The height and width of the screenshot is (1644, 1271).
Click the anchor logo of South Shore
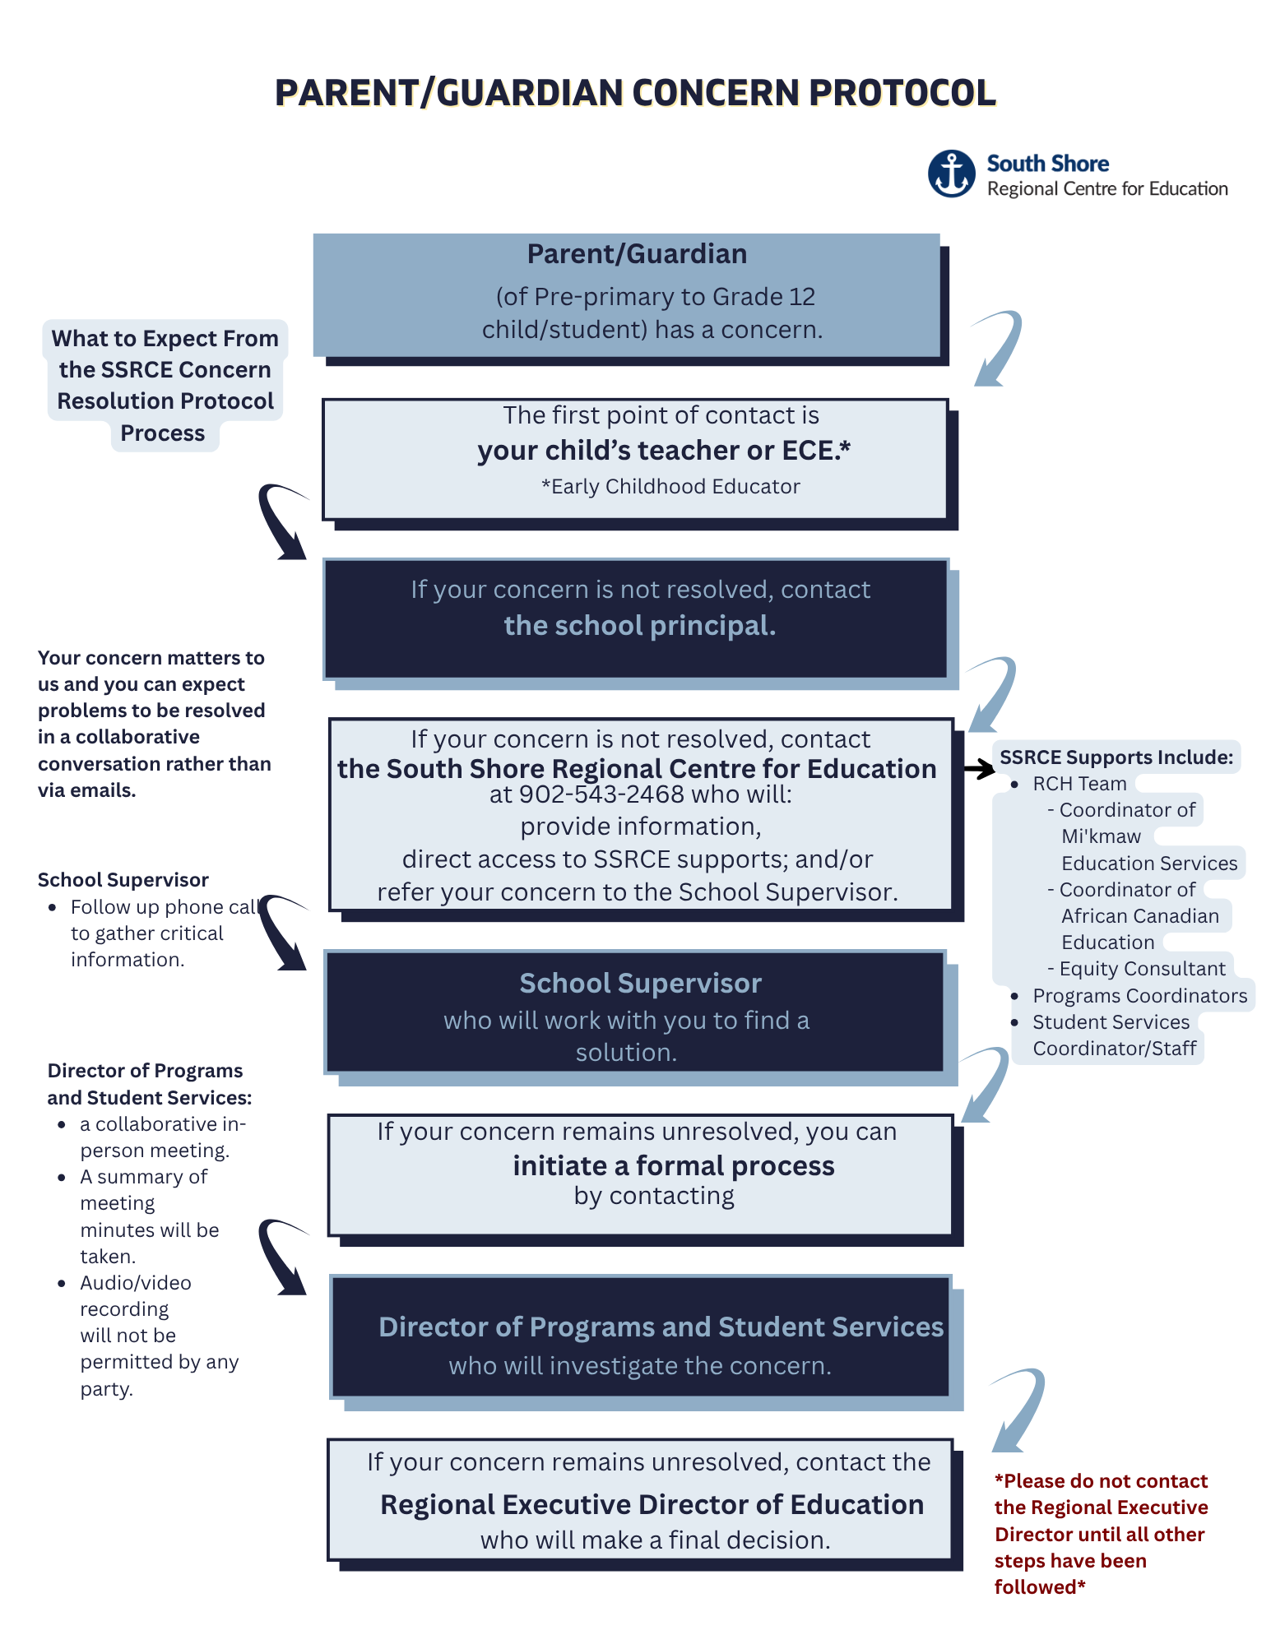(x=952, y=174)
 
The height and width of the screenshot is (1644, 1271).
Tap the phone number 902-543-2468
(x=601, y=794)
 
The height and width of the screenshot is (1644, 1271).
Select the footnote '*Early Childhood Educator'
(x=670, y=487)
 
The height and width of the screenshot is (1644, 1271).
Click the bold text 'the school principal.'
(x=640, y=626)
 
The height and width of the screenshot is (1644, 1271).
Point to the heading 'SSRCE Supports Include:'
(x=1116, y=757)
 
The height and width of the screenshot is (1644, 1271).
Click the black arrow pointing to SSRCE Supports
(x=979, y=770)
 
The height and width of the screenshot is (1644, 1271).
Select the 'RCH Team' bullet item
(x=1079, y=784)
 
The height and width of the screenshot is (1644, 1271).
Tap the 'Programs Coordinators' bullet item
(x=1139, y=996)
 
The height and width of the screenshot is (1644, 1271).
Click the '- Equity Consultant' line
(x=1136, y=969)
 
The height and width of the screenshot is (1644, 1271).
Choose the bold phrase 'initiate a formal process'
(x=674, y=1166)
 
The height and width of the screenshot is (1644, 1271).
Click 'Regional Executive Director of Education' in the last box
(x=652, y=1505)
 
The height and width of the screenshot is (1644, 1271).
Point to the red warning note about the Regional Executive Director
(x=1101, y=1534)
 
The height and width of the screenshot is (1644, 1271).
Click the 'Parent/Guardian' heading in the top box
(x=637, y=254)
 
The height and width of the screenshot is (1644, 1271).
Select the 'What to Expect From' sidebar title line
(x=165, y=339)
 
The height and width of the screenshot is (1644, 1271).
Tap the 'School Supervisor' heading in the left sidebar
(x=123, y=880)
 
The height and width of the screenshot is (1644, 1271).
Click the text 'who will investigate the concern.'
(x=640, y=1366)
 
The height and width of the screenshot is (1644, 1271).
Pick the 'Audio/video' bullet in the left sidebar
(x=136, y=1283)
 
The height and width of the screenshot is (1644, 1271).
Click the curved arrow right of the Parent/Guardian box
(x=997, y=348)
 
